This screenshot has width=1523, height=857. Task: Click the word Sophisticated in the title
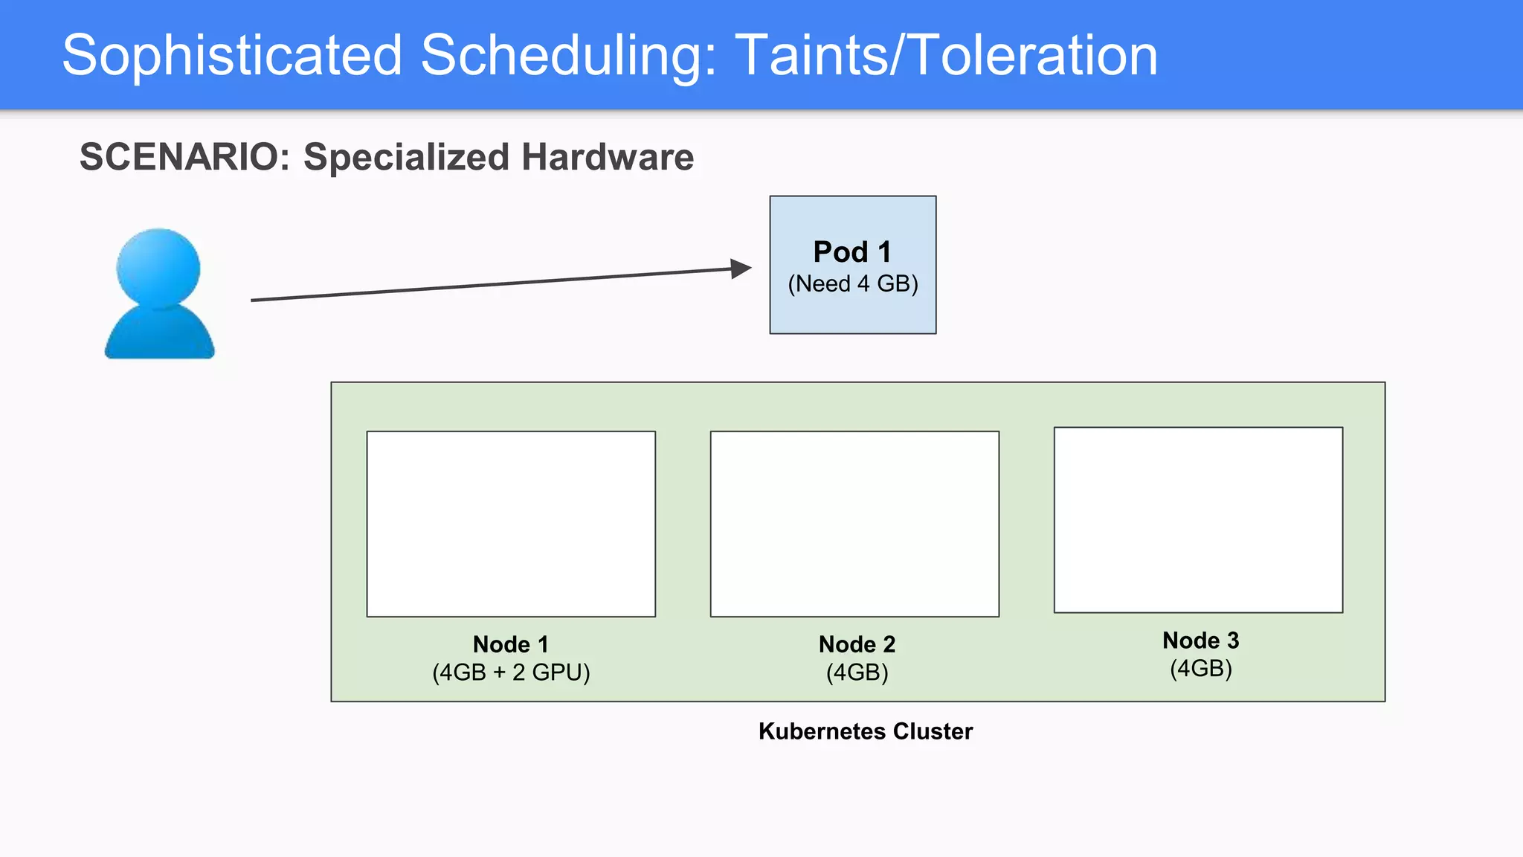point(231,55)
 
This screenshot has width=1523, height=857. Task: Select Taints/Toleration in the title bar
point(946,55)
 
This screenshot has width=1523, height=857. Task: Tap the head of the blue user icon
point(158,266)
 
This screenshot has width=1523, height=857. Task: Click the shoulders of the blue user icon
point(159,336)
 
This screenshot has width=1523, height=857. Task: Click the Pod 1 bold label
point(852,251)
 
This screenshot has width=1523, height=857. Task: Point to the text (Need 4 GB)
point(853,284)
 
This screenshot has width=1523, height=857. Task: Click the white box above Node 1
point(511,524)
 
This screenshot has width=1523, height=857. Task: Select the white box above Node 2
point(854,524)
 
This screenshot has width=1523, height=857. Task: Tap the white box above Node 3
point(1198,520)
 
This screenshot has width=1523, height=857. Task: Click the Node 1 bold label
point(511,644)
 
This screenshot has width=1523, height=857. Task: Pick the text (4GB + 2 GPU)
point(511,673)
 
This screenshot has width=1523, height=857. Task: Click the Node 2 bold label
point(857,644)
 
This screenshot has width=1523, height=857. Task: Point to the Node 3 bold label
point(1200,641)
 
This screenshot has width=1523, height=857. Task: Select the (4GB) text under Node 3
point(1200,669)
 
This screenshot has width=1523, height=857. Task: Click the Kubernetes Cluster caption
point(865,731)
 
